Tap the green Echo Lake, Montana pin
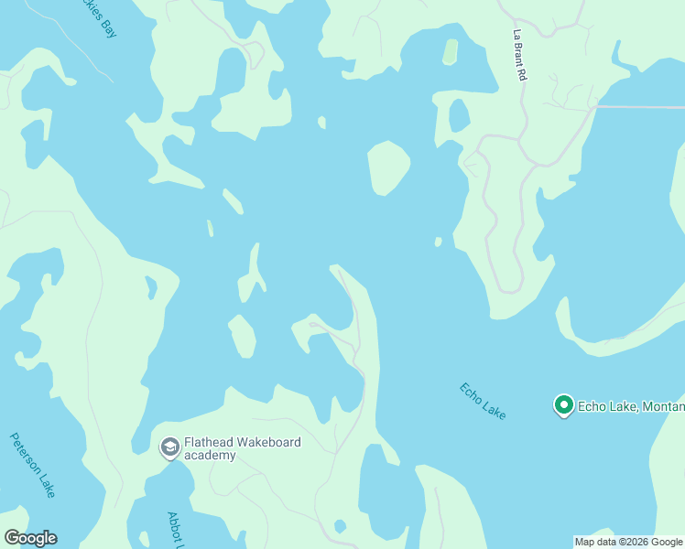tap(563, 404)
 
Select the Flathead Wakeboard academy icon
tap(169, 447)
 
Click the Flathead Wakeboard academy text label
tap(242, 448)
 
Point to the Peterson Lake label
tap(33, 465)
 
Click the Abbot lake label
tap(175, 530)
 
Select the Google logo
tap(30, 538)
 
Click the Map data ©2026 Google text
tap(628, 542)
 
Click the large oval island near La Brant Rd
tap(388, 167)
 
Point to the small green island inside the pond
tap(450, 51)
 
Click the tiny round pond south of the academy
tap(341, 526)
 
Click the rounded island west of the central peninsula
tap(242, 336)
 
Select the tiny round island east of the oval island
tap(438, 242)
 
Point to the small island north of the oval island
tap(321, 123)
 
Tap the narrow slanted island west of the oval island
tap(233, 201)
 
